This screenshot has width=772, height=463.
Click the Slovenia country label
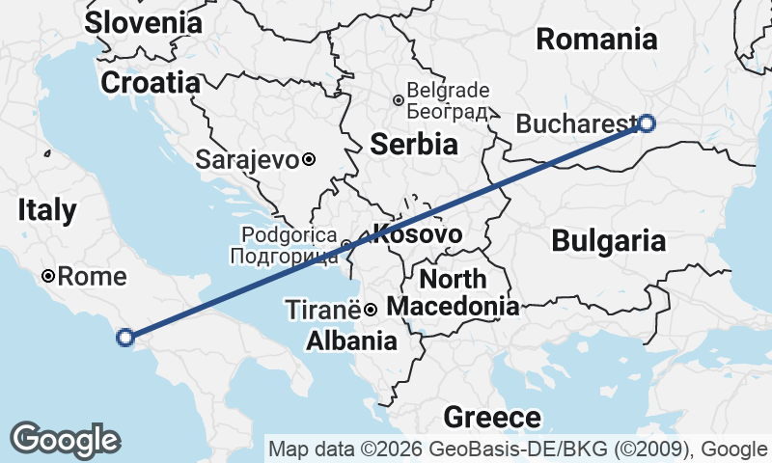(144, 22)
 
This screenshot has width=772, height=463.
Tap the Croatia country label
(150, 82)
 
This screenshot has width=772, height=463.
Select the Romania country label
(596, 40)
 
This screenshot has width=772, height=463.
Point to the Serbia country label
(413, 145)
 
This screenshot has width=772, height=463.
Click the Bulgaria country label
(609, 241)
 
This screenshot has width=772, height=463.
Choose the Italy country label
(46, 209)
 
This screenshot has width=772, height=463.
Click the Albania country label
(350, 340)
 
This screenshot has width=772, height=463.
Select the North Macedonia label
(454, 293)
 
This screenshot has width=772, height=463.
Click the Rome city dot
(48, 277)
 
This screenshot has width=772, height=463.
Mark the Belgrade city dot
(398, 99)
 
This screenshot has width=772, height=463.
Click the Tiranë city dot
(370, 310)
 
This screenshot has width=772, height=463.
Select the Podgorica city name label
(284, 245)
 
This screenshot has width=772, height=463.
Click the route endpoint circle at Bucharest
(647, 123)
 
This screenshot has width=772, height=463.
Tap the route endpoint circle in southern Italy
(124, 337)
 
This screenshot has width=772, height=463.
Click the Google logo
(65, 440)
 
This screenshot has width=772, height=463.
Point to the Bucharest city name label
(575, 123)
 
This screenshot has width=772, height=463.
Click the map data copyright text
(519, 449)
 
